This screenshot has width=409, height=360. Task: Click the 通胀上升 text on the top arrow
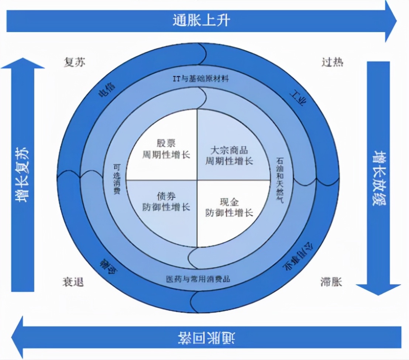click(x=201, y=20)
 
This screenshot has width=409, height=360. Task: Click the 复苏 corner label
click(x=74, y=62)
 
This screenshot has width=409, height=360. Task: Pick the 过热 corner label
click(x=332, y=62)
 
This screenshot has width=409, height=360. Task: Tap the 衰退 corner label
click(x=73, y=282)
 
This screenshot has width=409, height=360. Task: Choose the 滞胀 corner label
click(x=331, y=282)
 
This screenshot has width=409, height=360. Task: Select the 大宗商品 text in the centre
click(x=229, y=150)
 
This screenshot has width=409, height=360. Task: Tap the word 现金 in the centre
click(x=229, y=202)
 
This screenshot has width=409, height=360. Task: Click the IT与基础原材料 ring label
click(x=201, y=79)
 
